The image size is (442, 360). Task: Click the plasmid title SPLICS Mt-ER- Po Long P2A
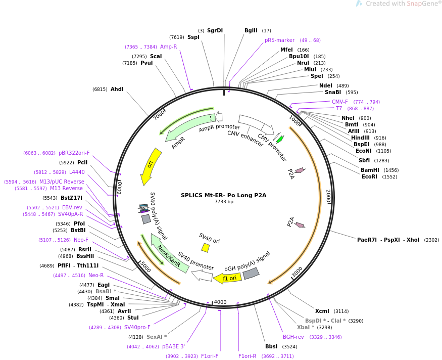click(x=224, y=195)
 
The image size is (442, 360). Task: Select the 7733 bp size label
click(x=224, y=202)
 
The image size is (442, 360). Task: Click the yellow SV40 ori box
click(x=205, y=248)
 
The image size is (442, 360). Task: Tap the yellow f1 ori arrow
click(x=228, y=279)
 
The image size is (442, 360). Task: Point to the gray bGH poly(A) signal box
click(x=251, y=274)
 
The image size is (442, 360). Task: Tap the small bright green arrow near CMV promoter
click(x=280, y=139)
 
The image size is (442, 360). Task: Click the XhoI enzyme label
click(x=413, y=240)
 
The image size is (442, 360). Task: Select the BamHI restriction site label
click(x=370, y=170)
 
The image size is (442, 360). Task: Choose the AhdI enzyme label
click(x=117, y=89)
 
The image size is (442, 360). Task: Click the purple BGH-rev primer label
click(x=293, y=337)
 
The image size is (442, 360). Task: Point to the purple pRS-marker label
click(x=279, y=40)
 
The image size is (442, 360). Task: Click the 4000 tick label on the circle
click(x=220, y=302)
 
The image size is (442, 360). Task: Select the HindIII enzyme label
click(x=360, y=138)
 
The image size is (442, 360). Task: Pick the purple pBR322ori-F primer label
click(x=74, y=153)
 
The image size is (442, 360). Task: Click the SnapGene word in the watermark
click(x=422, y=4)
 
